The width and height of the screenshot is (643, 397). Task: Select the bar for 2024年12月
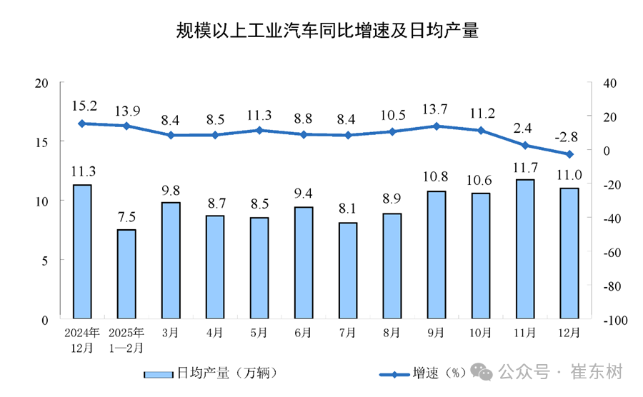coord(82,251)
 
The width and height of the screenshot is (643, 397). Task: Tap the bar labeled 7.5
coord(126,273)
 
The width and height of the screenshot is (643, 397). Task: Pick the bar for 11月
coord(525,248)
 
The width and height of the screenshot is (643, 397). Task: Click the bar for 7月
coord(348,270)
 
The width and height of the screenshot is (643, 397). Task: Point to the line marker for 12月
coord(569,154)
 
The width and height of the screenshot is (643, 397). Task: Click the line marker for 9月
coord(437,126)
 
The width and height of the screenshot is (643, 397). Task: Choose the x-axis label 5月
coord(259,333)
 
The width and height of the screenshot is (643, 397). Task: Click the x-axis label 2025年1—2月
coord(126,340)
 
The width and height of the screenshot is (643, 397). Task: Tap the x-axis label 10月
coord(481,333)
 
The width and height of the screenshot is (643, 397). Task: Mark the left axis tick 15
coord(42,142)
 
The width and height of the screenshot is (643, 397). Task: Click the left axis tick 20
coord(42,83)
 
